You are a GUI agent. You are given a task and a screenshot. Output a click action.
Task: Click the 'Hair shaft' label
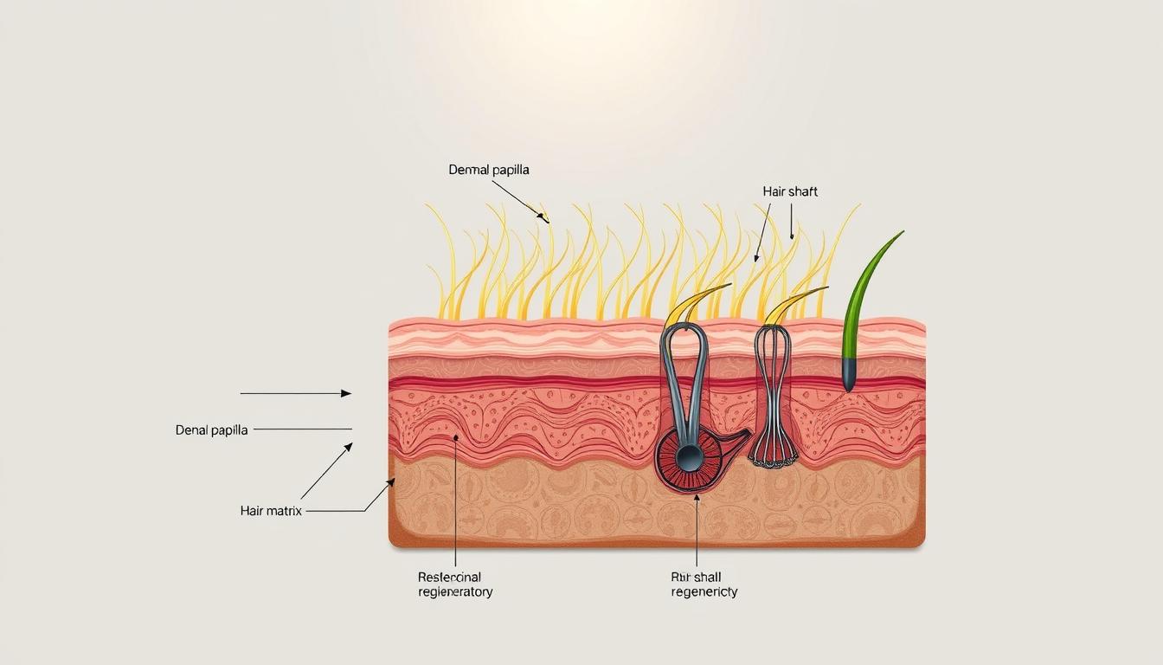point(790,191)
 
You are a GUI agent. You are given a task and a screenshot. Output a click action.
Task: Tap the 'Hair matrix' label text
point(271,511)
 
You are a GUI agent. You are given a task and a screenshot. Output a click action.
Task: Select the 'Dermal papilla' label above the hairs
point(489,170)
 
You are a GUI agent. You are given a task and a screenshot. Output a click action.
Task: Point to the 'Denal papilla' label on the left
point(211,429)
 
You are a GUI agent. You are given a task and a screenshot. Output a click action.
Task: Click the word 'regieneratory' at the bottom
point(455,592)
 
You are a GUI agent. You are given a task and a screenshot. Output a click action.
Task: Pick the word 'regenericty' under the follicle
point(704,592)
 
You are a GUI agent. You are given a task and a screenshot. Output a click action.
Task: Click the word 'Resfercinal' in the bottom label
point(450,577)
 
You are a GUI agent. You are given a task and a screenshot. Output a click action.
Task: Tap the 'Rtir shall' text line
point(696,577)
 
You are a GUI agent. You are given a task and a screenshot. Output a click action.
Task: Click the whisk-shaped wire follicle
point(772,398)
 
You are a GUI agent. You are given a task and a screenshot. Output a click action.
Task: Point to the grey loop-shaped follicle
point(684,381)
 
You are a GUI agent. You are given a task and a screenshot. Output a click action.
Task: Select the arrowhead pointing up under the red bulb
point(696,500)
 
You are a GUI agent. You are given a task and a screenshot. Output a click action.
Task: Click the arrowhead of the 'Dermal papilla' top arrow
point(544,219)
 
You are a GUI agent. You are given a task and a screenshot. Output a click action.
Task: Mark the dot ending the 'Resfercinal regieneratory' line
point(455,439)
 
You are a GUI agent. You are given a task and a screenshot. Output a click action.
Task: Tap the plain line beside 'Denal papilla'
point(302,429)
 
